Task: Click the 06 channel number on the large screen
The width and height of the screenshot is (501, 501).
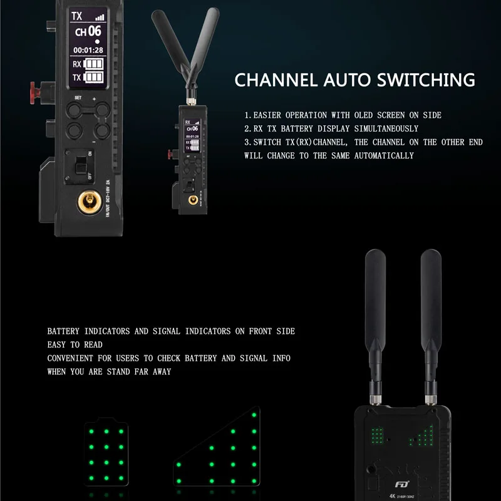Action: pos(94,31)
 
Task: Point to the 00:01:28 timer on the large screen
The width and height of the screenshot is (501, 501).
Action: pos(88,49)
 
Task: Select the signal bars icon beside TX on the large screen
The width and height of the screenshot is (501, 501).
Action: pos(100,18)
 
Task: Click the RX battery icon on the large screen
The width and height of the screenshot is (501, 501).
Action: pos(93,64)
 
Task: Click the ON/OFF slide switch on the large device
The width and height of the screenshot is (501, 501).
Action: pos(80,165)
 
